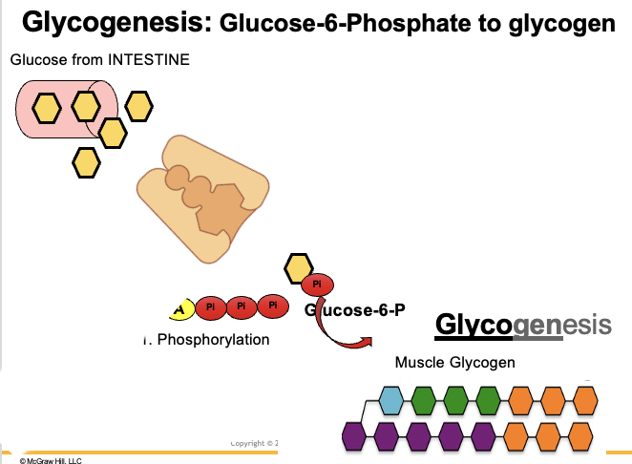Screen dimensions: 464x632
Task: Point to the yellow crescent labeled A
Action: (x=179, y=308)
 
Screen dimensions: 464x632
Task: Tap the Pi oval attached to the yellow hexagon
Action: (x=318, y=284)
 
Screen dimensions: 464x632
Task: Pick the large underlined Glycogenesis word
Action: (x=523, y=324)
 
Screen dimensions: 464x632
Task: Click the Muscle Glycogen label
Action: (x=455, y=362)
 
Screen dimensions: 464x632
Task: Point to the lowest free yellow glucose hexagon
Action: (x=87, y=163)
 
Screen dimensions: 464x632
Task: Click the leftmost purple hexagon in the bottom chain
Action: (x=357, y=436)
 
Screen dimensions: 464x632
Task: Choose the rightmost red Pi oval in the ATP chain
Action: (x=273, y=306)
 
